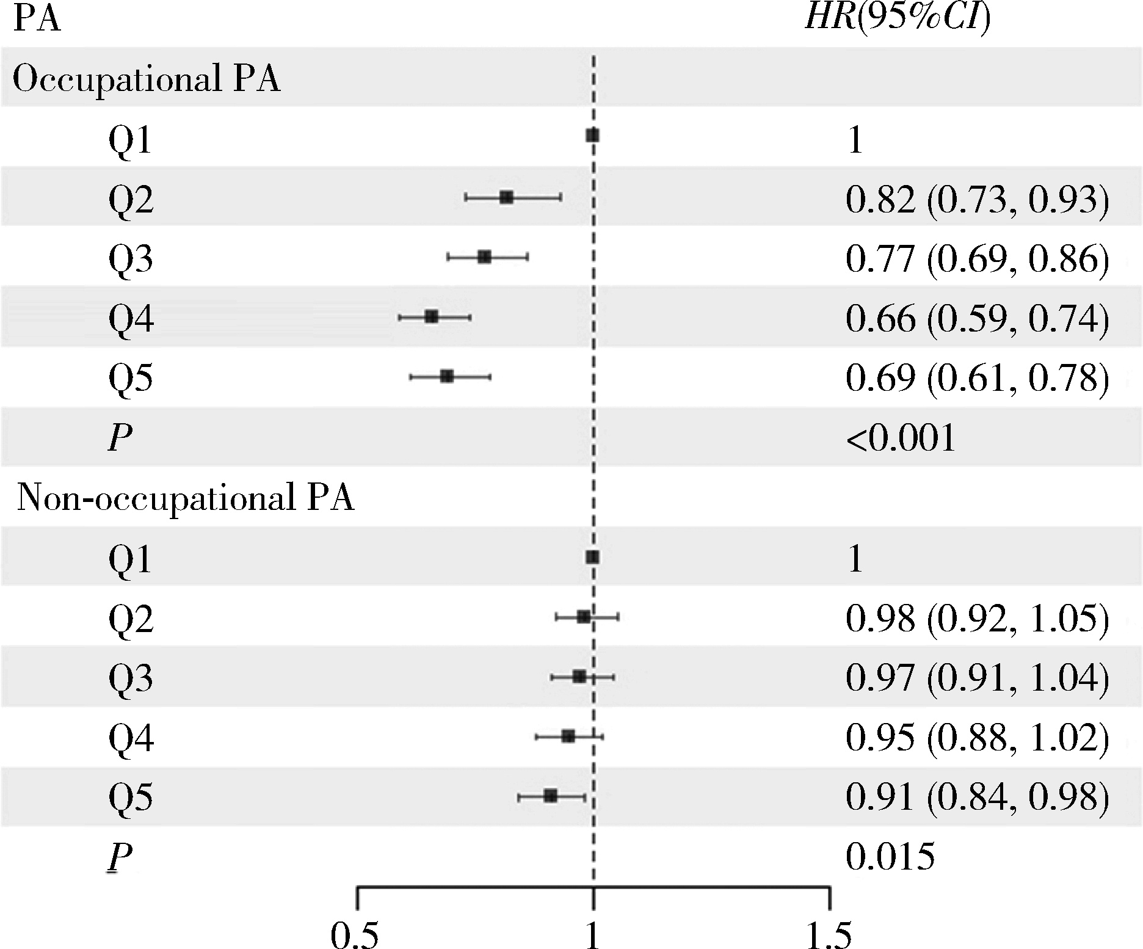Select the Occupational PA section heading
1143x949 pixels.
coord(147,80)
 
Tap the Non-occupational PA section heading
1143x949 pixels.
coord(186,499)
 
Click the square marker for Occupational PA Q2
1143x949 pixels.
coord(506,197)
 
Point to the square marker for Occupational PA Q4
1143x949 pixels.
coord(432,316)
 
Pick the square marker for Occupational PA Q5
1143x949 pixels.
coord(447,376)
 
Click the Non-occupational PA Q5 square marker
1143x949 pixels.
coord(551,796)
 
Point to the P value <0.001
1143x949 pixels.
coord(901,438)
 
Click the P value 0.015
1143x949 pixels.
coord(890,856)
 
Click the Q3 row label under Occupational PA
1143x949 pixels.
coord(131,259)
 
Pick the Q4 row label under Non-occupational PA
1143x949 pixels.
coord(131,738)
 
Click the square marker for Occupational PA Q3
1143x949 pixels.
coord(485,257)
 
